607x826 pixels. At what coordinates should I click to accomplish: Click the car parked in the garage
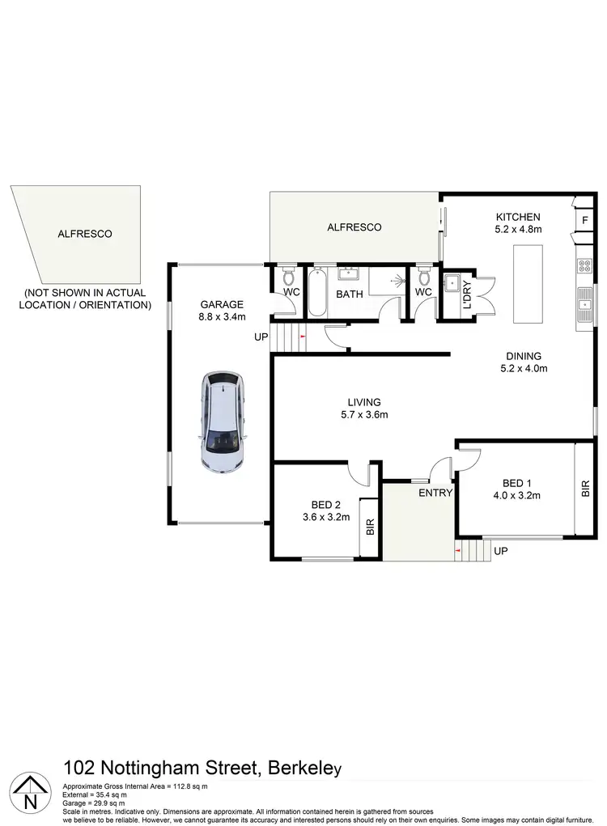pyautogui.click(x=223, y=422)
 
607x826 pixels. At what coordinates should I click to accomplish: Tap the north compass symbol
pyautogui.click(x=30, y=791)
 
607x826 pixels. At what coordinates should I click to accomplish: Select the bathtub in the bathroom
pyautogui.click(x=316, y=293)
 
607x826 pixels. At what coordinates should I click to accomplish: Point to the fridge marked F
pyautogui.click(x=584, y=221)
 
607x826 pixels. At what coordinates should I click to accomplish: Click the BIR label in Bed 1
pyautogui.click(x=585, y=489)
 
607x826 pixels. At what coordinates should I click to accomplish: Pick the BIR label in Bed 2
pyautogui.click(x=370, y=528)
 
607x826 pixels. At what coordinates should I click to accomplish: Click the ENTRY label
pyautogui.click(x=435, y=492)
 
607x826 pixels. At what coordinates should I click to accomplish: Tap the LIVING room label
pyautogui.click(x=364, y=402)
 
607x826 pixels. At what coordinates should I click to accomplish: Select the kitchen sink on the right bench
pyautogui.click(x=584, y=306)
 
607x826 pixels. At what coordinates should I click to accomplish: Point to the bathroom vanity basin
pyautogui.click(x=350, y=273)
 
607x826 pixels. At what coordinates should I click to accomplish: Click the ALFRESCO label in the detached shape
pyautogui.click(x=84, y=234)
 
